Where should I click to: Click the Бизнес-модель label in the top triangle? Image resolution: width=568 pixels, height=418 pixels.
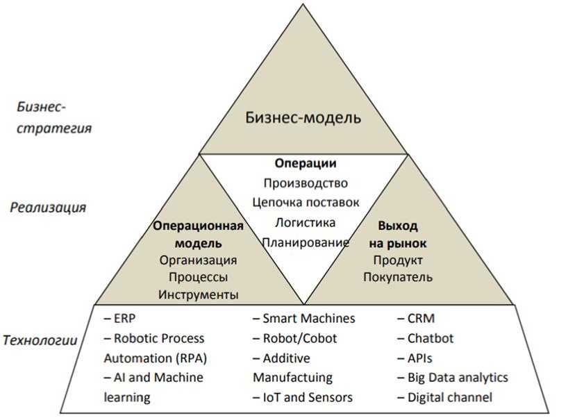coord(303,117)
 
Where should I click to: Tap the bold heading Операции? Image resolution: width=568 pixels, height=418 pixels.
coord(306,164)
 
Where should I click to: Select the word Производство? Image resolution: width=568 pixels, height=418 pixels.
coord(306,183)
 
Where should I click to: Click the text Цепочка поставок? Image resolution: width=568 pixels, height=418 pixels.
coord(306,203)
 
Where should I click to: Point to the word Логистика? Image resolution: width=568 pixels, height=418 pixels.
coord(305,223)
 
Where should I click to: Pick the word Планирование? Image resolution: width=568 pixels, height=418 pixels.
coord(305,242)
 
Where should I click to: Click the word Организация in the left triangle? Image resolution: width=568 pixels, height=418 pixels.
coord(198,260)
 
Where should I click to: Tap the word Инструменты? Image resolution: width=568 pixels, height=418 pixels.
coord(198,294)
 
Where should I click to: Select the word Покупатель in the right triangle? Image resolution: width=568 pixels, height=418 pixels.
coord(398,277)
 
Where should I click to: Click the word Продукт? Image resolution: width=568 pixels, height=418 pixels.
coord(398,260)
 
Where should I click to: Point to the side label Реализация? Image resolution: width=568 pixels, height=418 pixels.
coord(48,208)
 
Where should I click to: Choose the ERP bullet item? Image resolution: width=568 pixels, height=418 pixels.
coord(120,319)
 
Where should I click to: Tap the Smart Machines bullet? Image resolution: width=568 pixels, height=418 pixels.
coord(303,319)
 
